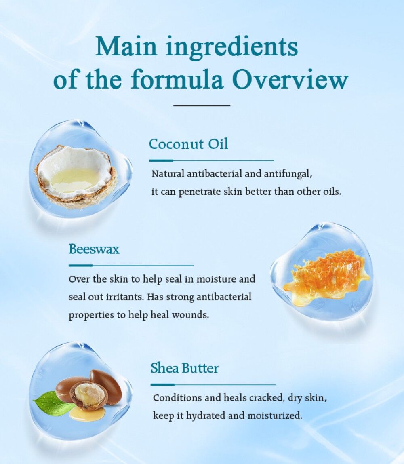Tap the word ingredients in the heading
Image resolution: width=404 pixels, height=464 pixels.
[x=231, y=47]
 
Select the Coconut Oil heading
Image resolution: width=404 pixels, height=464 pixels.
[x=188, y=144]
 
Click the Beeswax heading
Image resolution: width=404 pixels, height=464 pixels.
[x=94, y=249]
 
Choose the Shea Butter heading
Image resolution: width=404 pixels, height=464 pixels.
[x=185, y=368]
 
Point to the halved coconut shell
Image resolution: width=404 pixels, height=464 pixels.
[x=76, y=176]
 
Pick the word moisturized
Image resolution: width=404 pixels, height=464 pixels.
[x=275, y=415]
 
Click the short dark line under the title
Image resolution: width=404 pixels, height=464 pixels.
[x=202, y=105]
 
